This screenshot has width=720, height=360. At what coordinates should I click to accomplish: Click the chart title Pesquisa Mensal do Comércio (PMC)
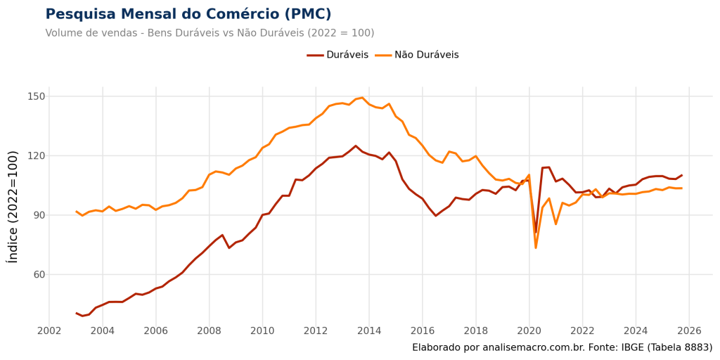188,14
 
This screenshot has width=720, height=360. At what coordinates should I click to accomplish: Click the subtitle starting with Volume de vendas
209,33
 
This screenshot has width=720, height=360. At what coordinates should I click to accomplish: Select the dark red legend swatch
316,55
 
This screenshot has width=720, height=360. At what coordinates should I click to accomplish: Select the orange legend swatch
382,55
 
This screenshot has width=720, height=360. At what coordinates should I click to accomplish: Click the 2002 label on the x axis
49,330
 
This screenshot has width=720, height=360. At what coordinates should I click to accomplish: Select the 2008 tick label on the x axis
209,330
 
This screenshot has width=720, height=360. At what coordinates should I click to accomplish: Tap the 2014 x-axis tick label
369,330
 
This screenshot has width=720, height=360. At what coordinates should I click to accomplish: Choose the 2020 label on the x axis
529,330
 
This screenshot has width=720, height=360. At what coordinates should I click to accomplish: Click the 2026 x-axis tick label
689,330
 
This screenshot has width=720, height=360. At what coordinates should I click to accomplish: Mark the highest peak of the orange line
360,98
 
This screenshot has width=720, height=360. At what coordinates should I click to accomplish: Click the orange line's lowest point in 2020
536,248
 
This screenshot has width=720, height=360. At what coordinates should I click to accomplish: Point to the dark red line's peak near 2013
356,146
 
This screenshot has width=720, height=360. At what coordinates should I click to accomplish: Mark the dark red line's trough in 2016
436,215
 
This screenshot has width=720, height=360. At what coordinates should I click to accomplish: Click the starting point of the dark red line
76,313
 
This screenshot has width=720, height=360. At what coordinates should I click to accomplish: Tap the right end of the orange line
682,188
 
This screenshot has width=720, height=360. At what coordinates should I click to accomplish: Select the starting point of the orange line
76,212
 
